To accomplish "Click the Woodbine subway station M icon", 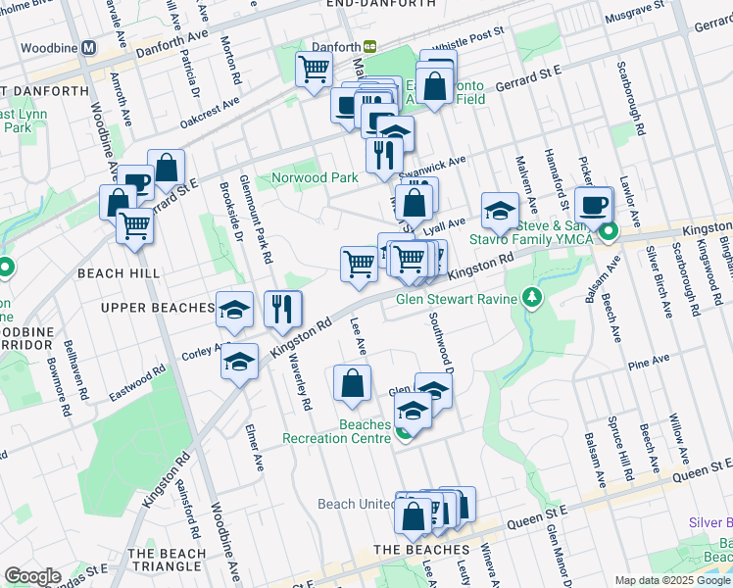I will click(89, 47).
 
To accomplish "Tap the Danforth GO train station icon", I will click(370, 46).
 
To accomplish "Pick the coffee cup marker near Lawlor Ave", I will click(594, 205).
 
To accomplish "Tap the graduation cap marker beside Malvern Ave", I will click(500, 211).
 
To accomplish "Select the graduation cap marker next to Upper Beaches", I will click(234, 310).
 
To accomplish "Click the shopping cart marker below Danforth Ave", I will click(314, 71).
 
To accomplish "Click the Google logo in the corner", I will click(32, 576).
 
